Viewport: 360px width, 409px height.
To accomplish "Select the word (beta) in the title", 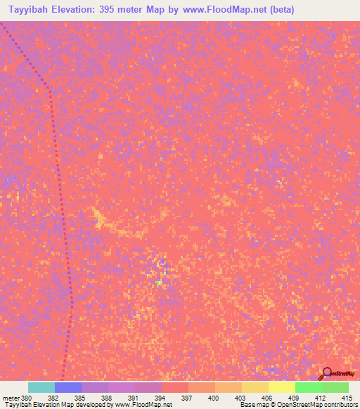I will click(278, 9).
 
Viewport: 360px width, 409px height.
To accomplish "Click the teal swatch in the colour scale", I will click(41, 387).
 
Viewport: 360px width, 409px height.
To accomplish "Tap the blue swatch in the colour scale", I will click(68, 387).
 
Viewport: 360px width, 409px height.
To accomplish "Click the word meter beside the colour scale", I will click(10, 397).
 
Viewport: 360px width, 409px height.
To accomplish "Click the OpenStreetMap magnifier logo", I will click(327, 373).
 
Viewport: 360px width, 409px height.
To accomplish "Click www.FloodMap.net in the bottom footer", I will click(144, 405).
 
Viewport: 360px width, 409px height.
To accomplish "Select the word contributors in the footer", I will click(342, 405).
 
